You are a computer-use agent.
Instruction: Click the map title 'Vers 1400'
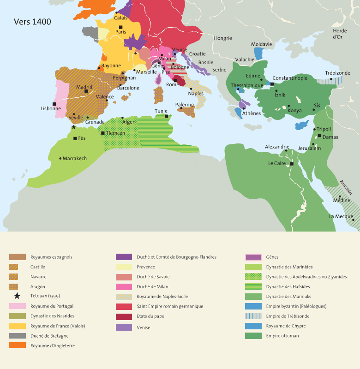point(32,22)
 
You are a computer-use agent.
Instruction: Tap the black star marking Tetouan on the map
point(73,127)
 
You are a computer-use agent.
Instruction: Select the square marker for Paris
point(120,27)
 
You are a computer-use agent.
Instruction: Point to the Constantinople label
point(290,78)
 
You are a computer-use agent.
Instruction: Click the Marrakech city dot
point(60,158)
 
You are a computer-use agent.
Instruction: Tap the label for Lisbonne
point(51,109)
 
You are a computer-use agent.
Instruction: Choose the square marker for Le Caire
point(292,164)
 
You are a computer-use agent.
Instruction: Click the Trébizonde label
point(337,73)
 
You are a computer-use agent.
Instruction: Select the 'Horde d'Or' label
point(340,34)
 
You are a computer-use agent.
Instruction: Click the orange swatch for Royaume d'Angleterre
point(18,345)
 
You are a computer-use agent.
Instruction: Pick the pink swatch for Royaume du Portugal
point(18,306)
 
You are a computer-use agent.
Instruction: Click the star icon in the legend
point(18,296)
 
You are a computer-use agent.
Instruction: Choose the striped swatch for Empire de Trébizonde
point(253,316)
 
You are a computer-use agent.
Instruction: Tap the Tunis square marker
point(167,116)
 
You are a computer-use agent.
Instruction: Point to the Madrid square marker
point(86,91)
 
